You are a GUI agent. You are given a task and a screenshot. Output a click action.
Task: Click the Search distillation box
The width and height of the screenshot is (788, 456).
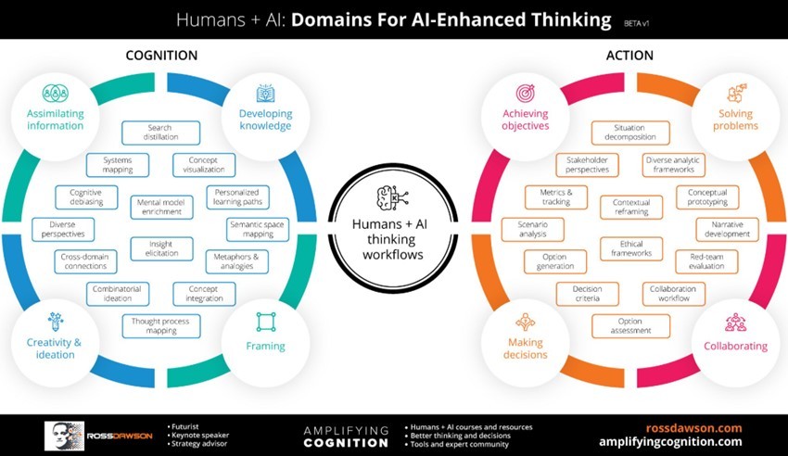click(x=160, y=133)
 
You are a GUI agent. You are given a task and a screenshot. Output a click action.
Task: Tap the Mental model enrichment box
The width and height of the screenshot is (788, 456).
click(x=161, y=207)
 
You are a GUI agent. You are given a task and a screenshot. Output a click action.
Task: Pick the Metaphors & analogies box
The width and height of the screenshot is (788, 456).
click(x=236, y=261)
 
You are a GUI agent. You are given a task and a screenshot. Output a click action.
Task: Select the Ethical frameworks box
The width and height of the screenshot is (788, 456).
click(x=631, y=247)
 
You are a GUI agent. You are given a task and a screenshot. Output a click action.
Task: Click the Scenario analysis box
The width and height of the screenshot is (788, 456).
click(x=532, y=229)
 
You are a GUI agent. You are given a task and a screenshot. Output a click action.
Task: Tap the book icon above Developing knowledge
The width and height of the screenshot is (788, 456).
click(x=265, y=93)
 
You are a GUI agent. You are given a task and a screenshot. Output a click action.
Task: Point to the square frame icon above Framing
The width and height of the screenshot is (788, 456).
click(x=266, y=322)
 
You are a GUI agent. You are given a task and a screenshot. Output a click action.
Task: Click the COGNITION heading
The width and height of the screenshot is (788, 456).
click(x=161, y=56)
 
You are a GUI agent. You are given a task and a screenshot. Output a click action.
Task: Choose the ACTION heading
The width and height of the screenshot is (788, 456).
click(x=629, y=56)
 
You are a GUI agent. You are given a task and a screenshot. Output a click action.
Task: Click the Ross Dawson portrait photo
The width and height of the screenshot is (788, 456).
click(x=63, y=436)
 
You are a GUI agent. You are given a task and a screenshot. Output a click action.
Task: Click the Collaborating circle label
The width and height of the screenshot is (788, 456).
click(x=735, y=346)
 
